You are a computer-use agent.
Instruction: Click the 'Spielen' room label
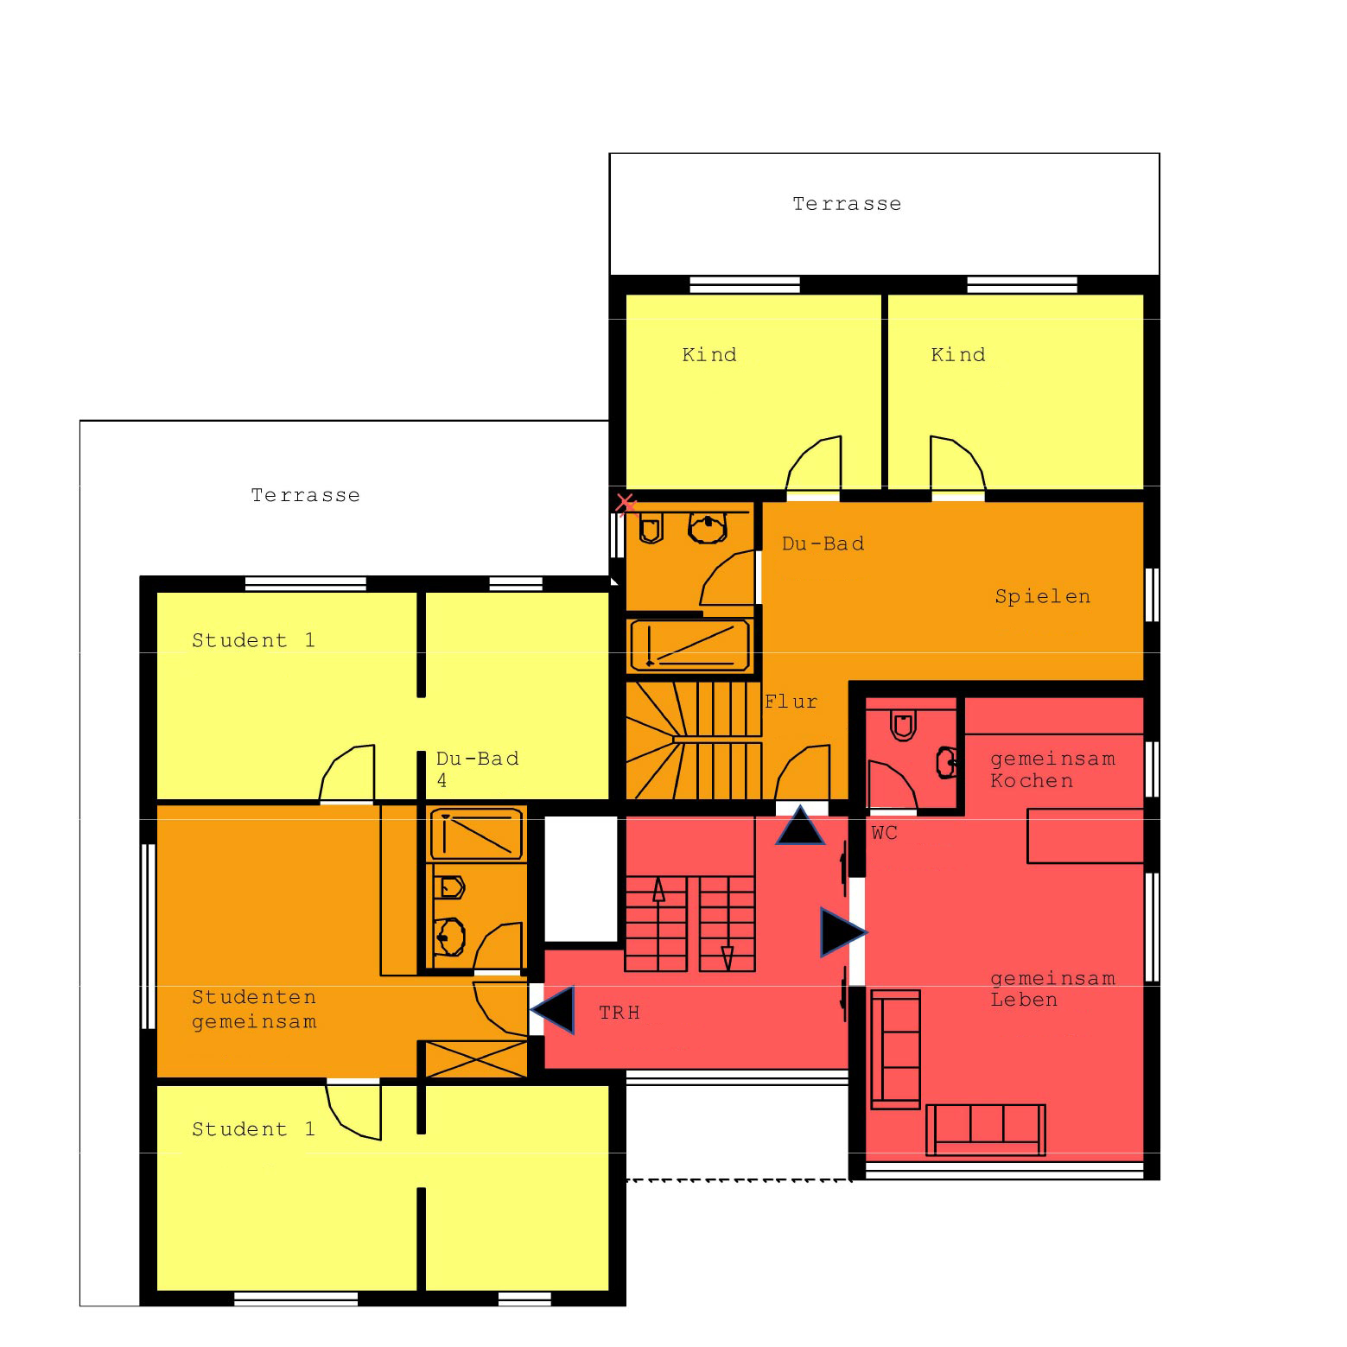(x=1042, y=597)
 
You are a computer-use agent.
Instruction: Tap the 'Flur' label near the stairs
(x=791, y=702)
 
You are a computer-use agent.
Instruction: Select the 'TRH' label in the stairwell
(x=619, y=1013)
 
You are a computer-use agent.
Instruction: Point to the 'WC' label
(x=884, y=833)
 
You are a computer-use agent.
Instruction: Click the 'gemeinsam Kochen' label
(x=1052, y=770)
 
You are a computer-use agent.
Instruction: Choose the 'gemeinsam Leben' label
(x=1052, y=989)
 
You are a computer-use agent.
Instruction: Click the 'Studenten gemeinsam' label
(x=254, y=1009)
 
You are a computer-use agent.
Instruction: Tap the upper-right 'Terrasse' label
(x=847, y=204)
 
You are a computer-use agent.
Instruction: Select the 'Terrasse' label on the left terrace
(x=305, y=495)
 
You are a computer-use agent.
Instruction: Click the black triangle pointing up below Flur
(x=800, y=825)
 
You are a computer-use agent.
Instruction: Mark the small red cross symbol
(x=626, y=503)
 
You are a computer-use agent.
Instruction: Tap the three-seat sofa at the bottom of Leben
(x=985, y=1129)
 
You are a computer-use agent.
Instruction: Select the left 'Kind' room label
(x=709, y=355)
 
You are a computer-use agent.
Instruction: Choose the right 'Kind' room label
(x=958, y=355)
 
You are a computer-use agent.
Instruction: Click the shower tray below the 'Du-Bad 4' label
(x=478, y=834)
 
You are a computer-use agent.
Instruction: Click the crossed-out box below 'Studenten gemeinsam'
(x=477, y=1058)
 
